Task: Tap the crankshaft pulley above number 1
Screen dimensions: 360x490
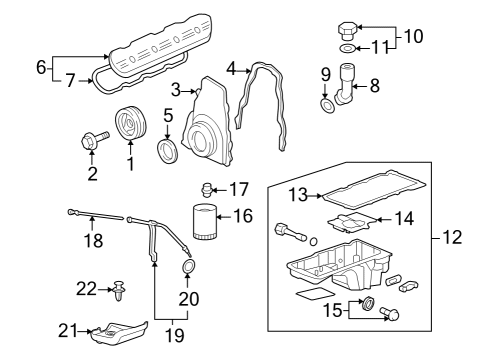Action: click(x=130, y=123)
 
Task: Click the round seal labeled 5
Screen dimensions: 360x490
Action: click(x=171, y=151)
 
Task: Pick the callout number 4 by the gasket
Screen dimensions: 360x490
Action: click(x=231, y=69)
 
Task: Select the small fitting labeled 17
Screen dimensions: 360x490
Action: click(x=208, y=187)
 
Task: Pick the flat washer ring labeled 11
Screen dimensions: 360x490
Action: click(x=345, y=48)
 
